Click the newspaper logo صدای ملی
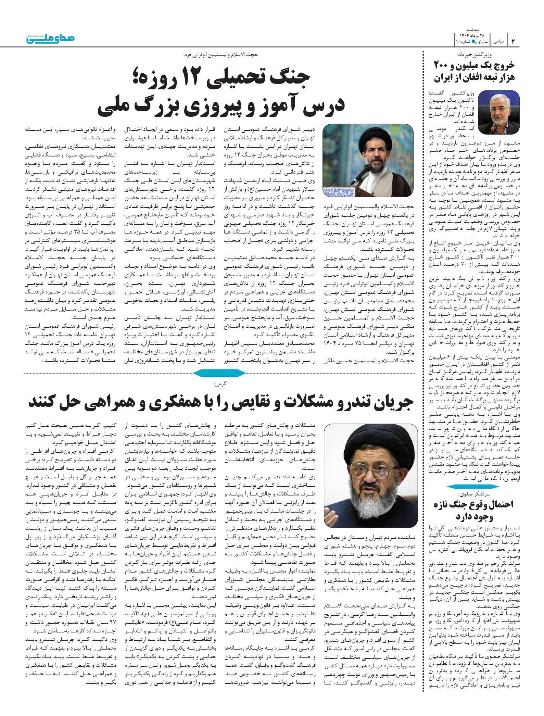50,38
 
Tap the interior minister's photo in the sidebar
498,112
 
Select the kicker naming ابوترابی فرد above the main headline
220,54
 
